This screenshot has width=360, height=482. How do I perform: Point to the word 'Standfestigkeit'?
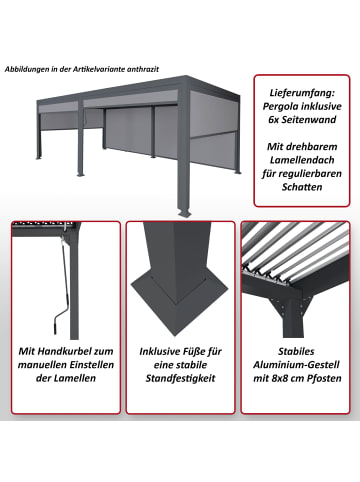click(180, 384)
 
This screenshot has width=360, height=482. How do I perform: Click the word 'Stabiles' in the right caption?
click(295, 352)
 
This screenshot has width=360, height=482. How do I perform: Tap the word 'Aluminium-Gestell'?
click(295, 368)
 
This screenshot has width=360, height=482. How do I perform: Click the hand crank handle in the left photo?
click(51, 320)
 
